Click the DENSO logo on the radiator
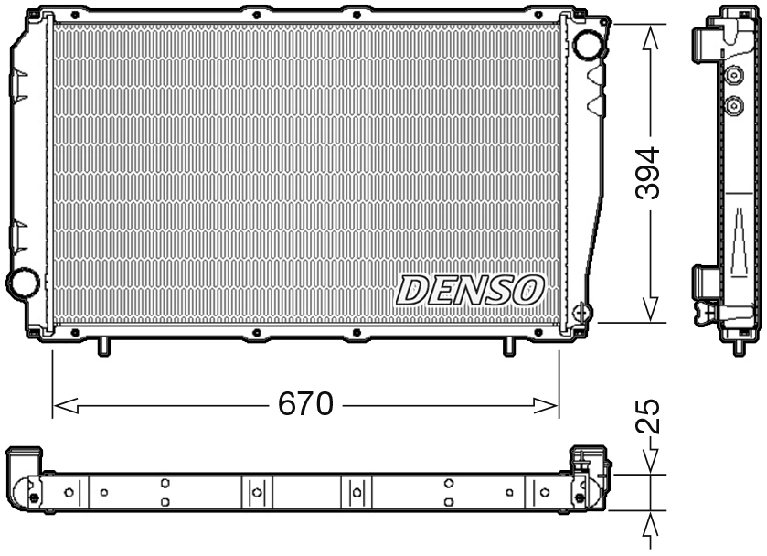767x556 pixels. point(469,291)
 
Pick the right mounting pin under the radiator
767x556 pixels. point(509,347)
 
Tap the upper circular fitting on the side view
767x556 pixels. point(732,77)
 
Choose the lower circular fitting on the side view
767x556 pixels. point(732,106)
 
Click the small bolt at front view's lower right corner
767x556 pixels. point(580,311)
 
